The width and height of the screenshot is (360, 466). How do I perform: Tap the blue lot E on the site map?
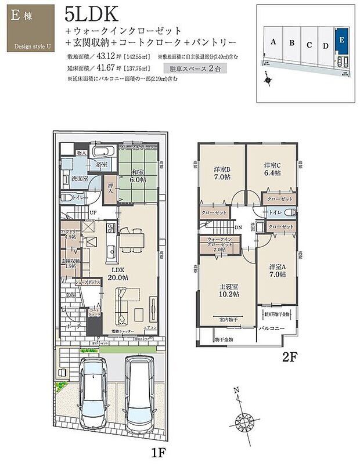tap(342, 41)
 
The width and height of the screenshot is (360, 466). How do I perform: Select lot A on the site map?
tap(272, 42)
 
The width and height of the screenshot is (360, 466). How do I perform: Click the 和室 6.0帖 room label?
tap(138, 176)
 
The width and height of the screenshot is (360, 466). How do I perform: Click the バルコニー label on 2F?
tap(271, 328)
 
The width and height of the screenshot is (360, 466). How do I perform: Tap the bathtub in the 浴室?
tap(105, 153)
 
